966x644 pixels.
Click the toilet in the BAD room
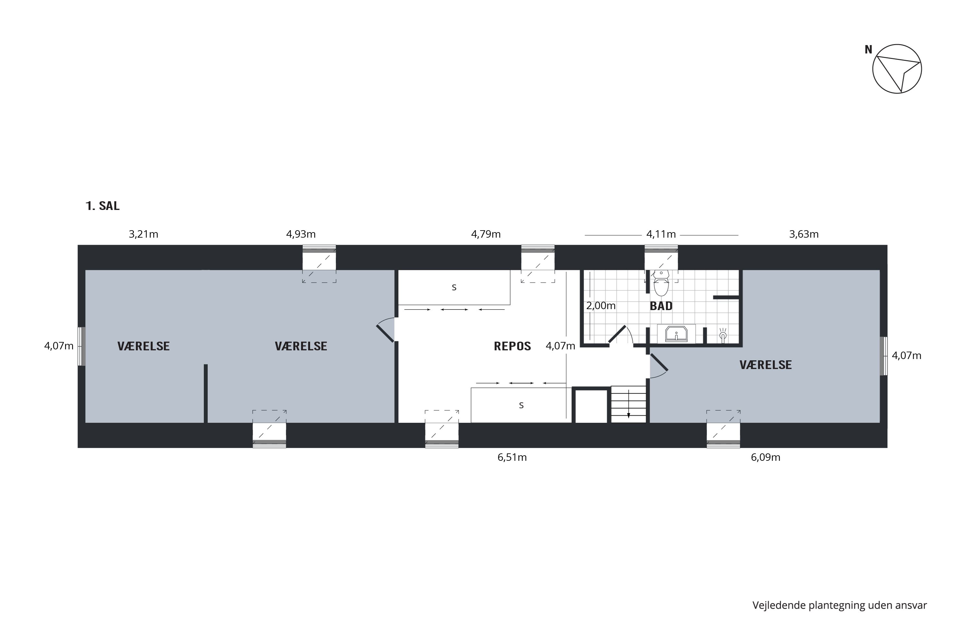(x=661, y=283)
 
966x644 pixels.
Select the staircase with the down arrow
(x=629, y=404)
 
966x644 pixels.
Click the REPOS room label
(x=512, y=346)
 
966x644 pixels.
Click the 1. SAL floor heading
(x=102, y=206)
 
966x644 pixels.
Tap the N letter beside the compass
(x=868, y=50)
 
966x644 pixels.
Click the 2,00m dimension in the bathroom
(x=601, y=306)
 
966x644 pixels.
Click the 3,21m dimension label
(x=143, y=234)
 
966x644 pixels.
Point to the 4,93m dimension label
(x=301, y=234)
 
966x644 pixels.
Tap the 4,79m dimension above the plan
(x=486, y=234)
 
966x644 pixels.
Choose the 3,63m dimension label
(x=804, y=234)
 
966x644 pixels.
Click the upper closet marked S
(x=454, y=287)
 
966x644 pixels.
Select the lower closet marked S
(x=521, y=405)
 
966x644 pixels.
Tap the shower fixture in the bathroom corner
(x=723, y=335)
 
